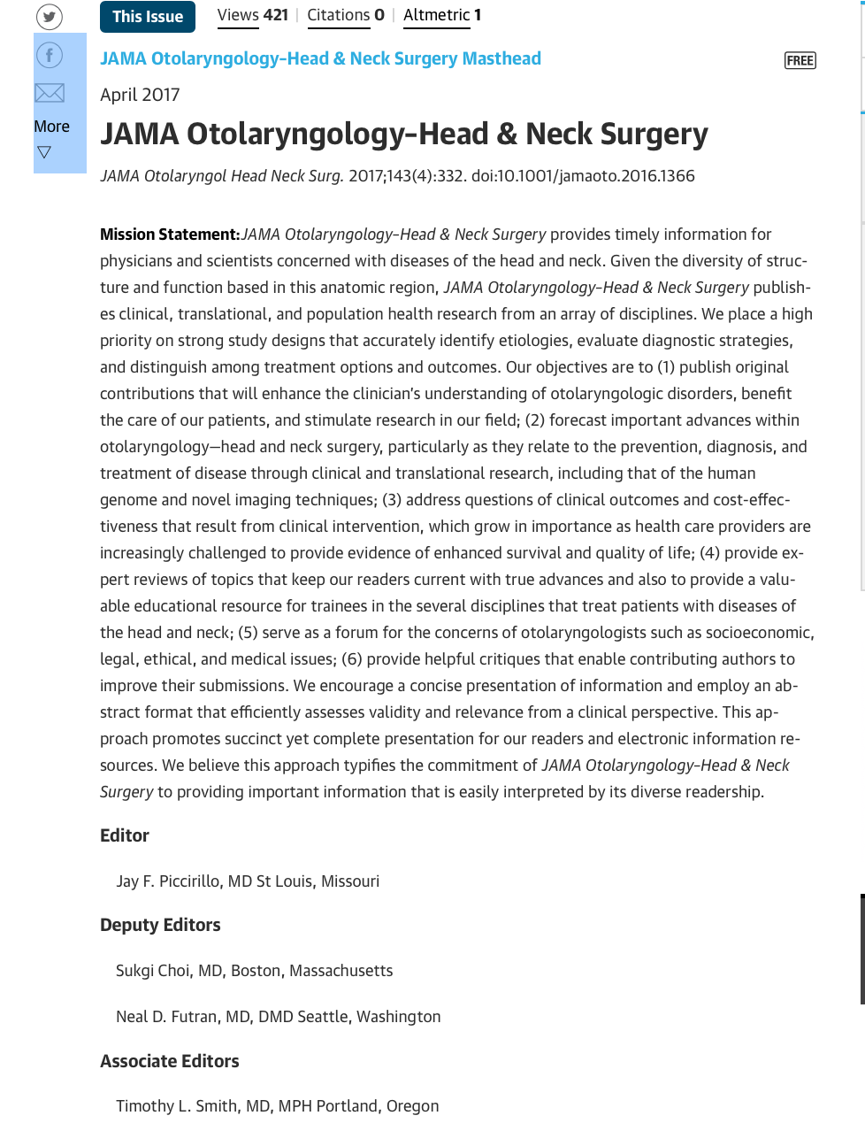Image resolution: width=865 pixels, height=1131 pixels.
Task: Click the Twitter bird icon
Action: coord(50,17)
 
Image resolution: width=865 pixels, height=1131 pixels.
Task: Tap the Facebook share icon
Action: coord(50,56)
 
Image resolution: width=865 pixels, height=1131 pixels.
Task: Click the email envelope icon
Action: coord(50,93)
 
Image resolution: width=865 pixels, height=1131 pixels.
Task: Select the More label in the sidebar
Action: coord(51,127)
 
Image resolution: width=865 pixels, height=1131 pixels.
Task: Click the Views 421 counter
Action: coord(253,15)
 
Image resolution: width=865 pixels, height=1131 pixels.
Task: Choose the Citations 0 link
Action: coord(346,15)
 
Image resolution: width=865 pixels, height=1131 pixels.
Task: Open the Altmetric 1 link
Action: coord(442,15)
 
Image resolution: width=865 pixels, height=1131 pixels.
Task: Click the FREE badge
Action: coord(800,60)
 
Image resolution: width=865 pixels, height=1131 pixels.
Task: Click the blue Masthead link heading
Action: coord(320,58)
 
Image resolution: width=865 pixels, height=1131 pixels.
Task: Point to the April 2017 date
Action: coord(140,95)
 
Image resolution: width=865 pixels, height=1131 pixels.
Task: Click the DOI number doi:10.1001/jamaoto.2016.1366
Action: coord(583,175)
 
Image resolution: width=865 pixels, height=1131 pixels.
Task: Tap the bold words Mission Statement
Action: coord(169,235)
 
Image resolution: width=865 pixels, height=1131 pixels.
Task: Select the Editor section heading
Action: coord(125,835)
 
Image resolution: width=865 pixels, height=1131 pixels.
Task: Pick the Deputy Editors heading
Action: coord(160,925)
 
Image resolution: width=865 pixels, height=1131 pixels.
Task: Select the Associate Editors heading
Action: coord(170,1061)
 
